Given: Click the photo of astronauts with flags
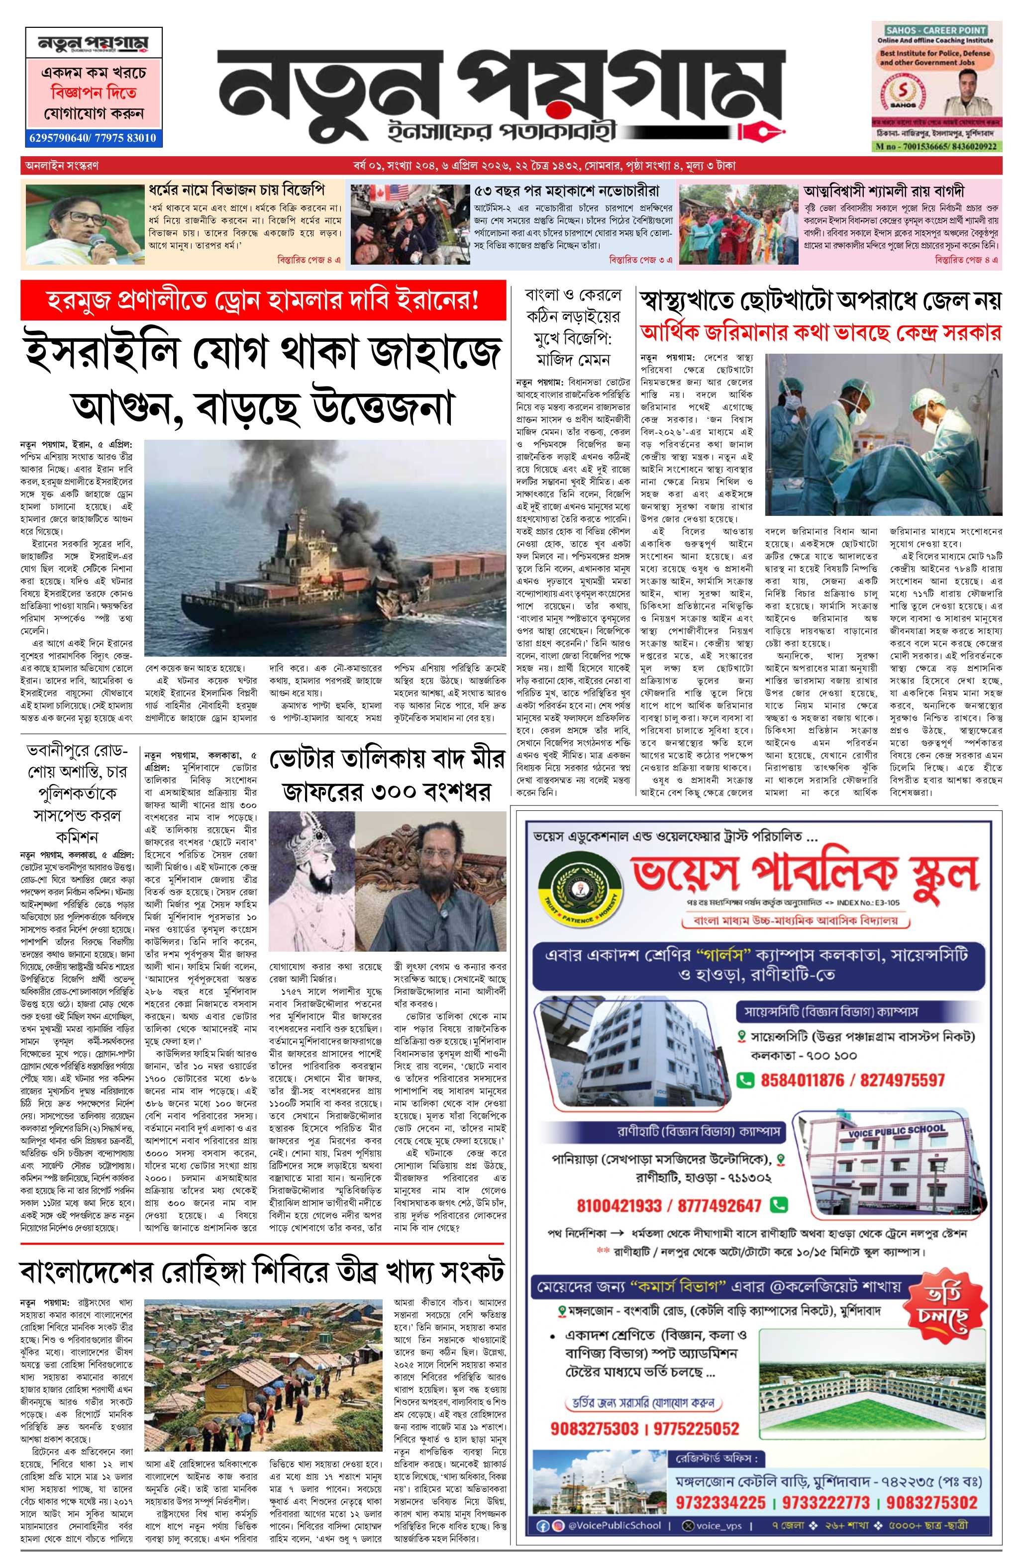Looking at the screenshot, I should click(x=408, y=224).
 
